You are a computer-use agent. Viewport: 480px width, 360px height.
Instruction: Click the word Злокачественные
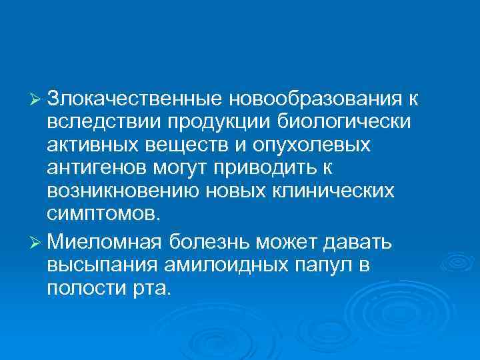pyautogui.click(x=135, y=101)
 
